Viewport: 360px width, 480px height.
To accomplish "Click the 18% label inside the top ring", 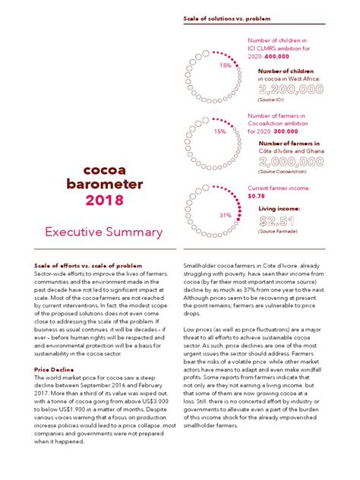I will click(x=225, y=65).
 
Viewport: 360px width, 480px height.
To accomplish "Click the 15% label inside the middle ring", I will click(x=220, y=131).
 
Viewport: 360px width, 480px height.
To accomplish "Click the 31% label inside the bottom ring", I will click(x=225, y=215).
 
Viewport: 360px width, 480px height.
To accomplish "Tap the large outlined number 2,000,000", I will click(x=302, y=162).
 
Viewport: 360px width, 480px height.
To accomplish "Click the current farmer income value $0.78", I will click(x=257, y=195).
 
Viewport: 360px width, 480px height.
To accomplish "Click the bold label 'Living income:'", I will click(x=279, y=207).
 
